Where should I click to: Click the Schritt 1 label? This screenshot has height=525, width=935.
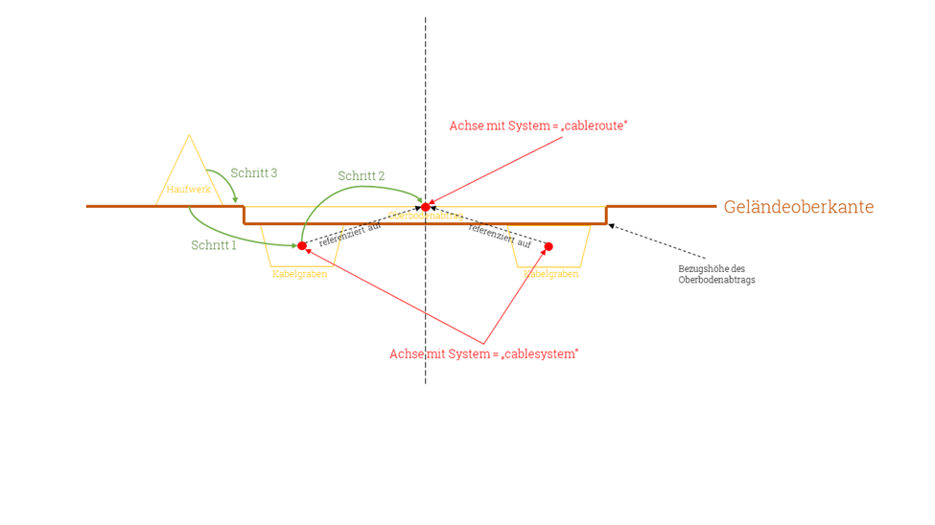(213, 245)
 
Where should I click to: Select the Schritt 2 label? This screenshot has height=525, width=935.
(362, 176)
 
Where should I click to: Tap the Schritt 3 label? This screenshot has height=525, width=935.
(254, 173)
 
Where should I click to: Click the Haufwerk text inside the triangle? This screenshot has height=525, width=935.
(189, 190)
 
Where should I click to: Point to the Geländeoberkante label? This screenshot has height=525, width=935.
(799, 207)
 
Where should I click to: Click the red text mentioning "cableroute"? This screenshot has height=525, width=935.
(538, 126)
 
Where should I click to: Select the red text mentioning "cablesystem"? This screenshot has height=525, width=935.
(483, 354)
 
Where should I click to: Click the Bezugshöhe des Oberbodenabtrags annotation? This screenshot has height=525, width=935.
(716, 274)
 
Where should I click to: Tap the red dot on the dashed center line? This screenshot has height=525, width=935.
(426, 207)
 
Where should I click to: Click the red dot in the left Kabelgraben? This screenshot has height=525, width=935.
(302, 246)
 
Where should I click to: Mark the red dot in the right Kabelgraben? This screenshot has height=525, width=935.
(549, 247)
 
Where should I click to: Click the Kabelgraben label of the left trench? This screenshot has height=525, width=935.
(299, 274)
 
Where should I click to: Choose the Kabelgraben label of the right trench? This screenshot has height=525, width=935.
(551, 274)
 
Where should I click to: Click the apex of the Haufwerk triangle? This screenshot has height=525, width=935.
(190, 136)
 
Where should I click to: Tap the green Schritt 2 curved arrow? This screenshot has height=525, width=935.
(345, 192)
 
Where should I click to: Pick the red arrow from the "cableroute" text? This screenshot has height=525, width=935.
(499, 171)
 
